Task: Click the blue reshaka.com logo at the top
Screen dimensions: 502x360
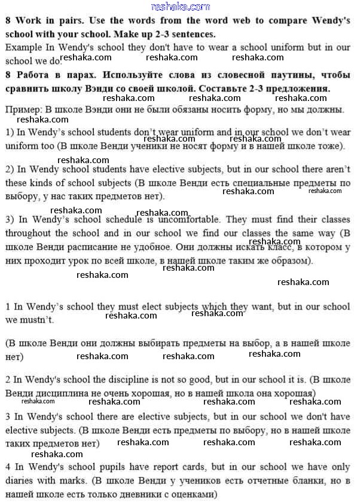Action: tap(181, 7)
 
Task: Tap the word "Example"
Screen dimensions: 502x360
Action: tap(21, 46)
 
